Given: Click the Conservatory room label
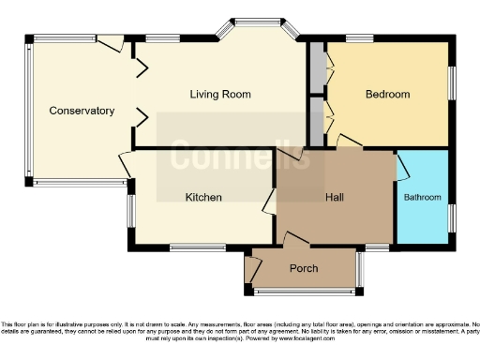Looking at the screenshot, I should point(82,111).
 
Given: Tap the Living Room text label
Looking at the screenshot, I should point(222,94).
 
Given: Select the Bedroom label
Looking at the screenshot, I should point(387,94).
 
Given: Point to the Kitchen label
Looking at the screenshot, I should point(202,197).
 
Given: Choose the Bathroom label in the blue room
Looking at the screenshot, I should point(422,198).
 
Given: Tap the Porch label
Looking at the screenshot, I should point(303,268).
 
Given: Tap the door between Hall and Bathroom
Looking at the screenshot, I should point(401,169).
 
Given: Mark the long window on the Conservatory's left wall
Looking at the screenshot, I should point(27,111).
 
